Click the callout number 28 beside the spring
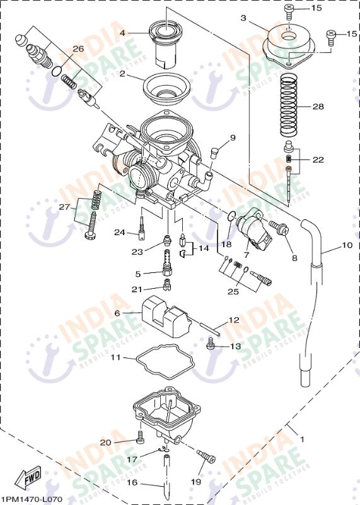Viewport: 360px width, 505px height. [318, 107]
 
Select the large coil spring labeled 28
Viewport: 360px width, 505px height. [289, 106]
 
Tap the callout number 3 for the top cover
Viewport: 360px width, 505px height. [243, 18]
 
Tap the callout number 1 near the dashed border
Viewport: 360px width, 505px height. [301, 438]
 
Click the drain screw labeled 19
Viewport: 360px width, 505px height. [206, 456]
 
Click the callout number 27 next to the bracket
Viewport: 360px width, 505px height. [64, 207]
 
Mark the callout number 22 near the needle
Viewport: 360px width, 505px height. [318, 160]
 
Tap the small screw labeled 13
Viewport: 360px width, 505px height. [212, 344]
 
